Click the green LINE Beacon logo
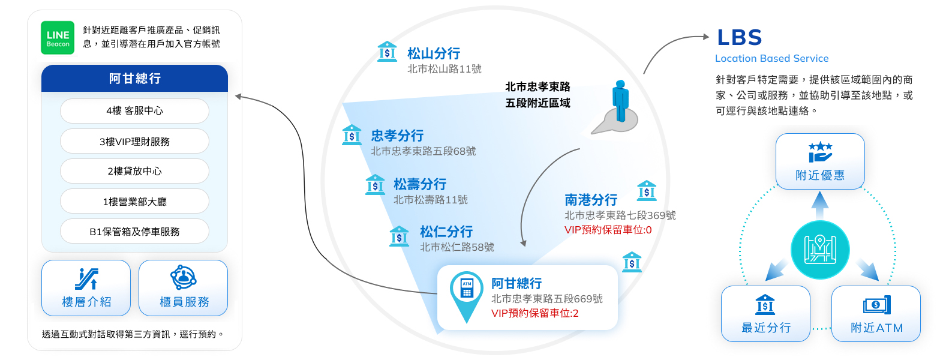coord(58,38)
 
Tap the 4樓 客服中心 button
coord(134,111)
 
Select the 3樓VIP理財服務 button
coord(134,142)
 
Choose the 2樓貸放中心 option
coord(134,171)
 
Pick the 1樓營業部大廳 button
coord(134,202)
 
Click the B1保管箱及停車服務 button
coord(134,232)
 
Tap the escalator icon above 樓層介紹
coord(86,279)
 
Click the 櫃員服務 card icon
coord(183,278)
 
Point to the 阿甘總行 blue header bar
coord(134,79)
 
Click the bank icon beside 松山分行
coord(387,52)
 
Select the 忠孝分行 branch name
coord(397,136)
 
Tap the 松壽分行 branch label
coord(420,184)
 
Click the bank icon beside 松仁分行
coord(399,236)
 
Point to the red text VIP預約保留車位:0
coord(608,230)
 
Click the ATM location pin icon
coord(467,294)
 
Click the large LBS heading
coord(740,38)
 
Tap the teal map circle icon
coord(819,250)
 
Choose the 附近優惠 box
coord(819,161)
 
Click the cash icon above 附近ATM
coord(876,305)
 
